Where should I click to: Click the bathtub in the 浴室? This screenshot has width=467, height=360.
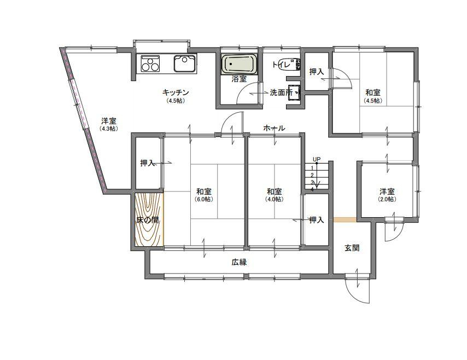click(x=239, y=65)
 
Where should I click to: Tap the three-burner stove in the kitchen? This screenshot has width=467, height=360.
click(x=150, y=63)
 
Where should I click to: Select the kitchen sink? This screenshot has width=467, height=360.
click(x=185, y=63)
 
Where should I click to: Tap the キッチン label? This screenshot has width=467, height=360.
click(x=176, y=92)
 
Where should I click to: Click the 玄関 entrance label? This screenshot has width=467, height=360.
click(x=352, y=248)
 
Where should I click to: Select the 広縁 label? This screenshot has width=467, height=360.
click(x=239, y=262)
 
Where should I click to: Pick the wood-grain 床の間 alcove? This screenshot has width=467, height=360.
click(x=149, y=219)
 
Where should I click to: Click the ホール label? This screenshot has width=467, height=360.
click(x=274, y=128)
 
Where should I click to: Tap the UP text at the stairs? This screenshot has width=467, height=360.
click(x=317, y=159)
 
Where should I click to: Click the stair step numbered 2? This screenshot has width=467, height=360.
click(x=312, y=175)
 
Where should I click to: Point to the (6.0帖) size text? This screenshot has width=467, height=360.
click(x=204, y=199)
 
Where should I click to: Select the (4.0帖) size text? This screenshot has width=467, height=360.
click(x=275, y=199)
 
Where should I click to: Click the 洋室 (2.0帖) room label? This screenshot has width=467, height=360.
click(x=387, y=195)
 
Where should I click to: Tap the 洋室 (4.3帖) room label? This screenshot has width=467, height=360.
click(x=109, y=124)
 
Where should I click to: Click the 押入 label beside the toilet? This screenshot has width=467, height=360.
click(x=317, y=72)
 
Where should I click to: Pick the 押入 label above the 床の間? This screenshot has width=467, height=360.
click(x=148, y=163)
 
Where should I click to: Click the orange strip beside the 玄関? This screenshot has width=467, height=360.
click(x=345, y=220)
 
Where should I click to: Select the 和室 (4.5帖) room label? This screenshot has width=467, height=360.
click(x=373, y=96)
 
